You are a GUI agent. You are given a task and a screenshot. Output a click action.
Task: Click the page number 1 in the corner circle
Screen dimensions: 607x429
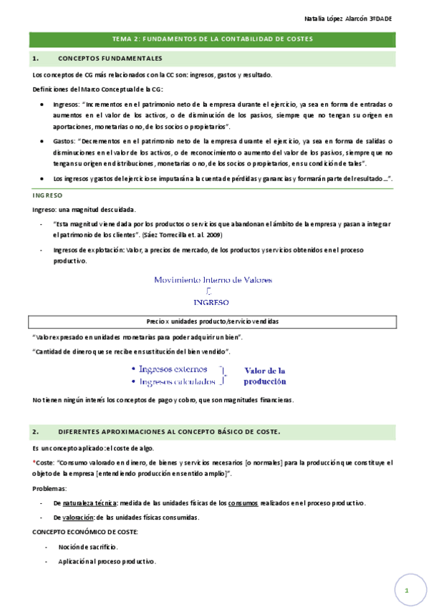[406, 591]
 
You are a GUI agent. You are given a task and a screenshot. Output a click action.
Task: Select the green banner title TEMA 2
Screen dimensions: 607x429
[213, 39]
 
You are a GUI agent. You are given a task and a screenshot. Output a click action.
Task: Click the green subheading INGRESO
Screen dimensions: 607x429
[48, 195]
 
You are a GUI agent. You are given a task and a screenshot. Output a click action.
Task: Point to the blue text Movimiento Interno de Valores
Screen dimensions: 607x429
[213, 280]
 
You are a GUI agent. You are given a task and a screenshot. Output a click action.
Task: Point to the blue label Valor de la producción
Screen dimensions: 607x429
[265, 376]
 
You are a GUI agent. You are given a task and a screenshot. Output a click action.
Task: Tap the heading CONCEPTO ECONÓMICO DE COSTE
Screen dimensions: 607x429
[85, 533]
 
